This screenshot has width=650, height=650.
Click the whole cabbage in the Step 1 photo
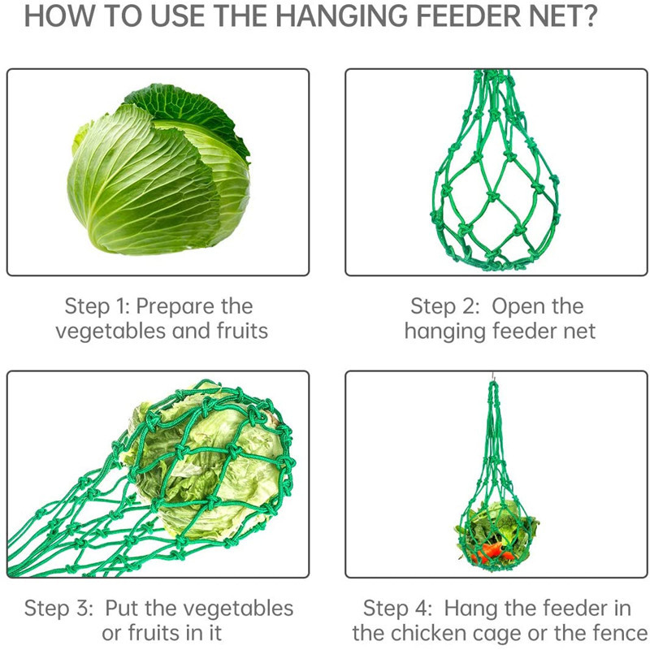coord(158,169)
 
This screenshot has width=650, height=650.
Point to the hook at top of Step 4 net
coord(493,376)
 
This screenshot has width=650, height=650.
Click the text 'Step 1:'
coord(97,307)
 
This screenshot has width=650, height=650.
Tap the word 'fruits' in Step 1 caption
coord(242,331)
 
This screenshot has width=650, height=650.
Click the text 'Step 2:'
coord(444,307)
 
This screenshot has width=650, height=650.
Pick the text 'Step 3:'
coord(58,609)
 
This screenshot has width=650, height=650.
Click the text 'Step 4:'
coord(397,609)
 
